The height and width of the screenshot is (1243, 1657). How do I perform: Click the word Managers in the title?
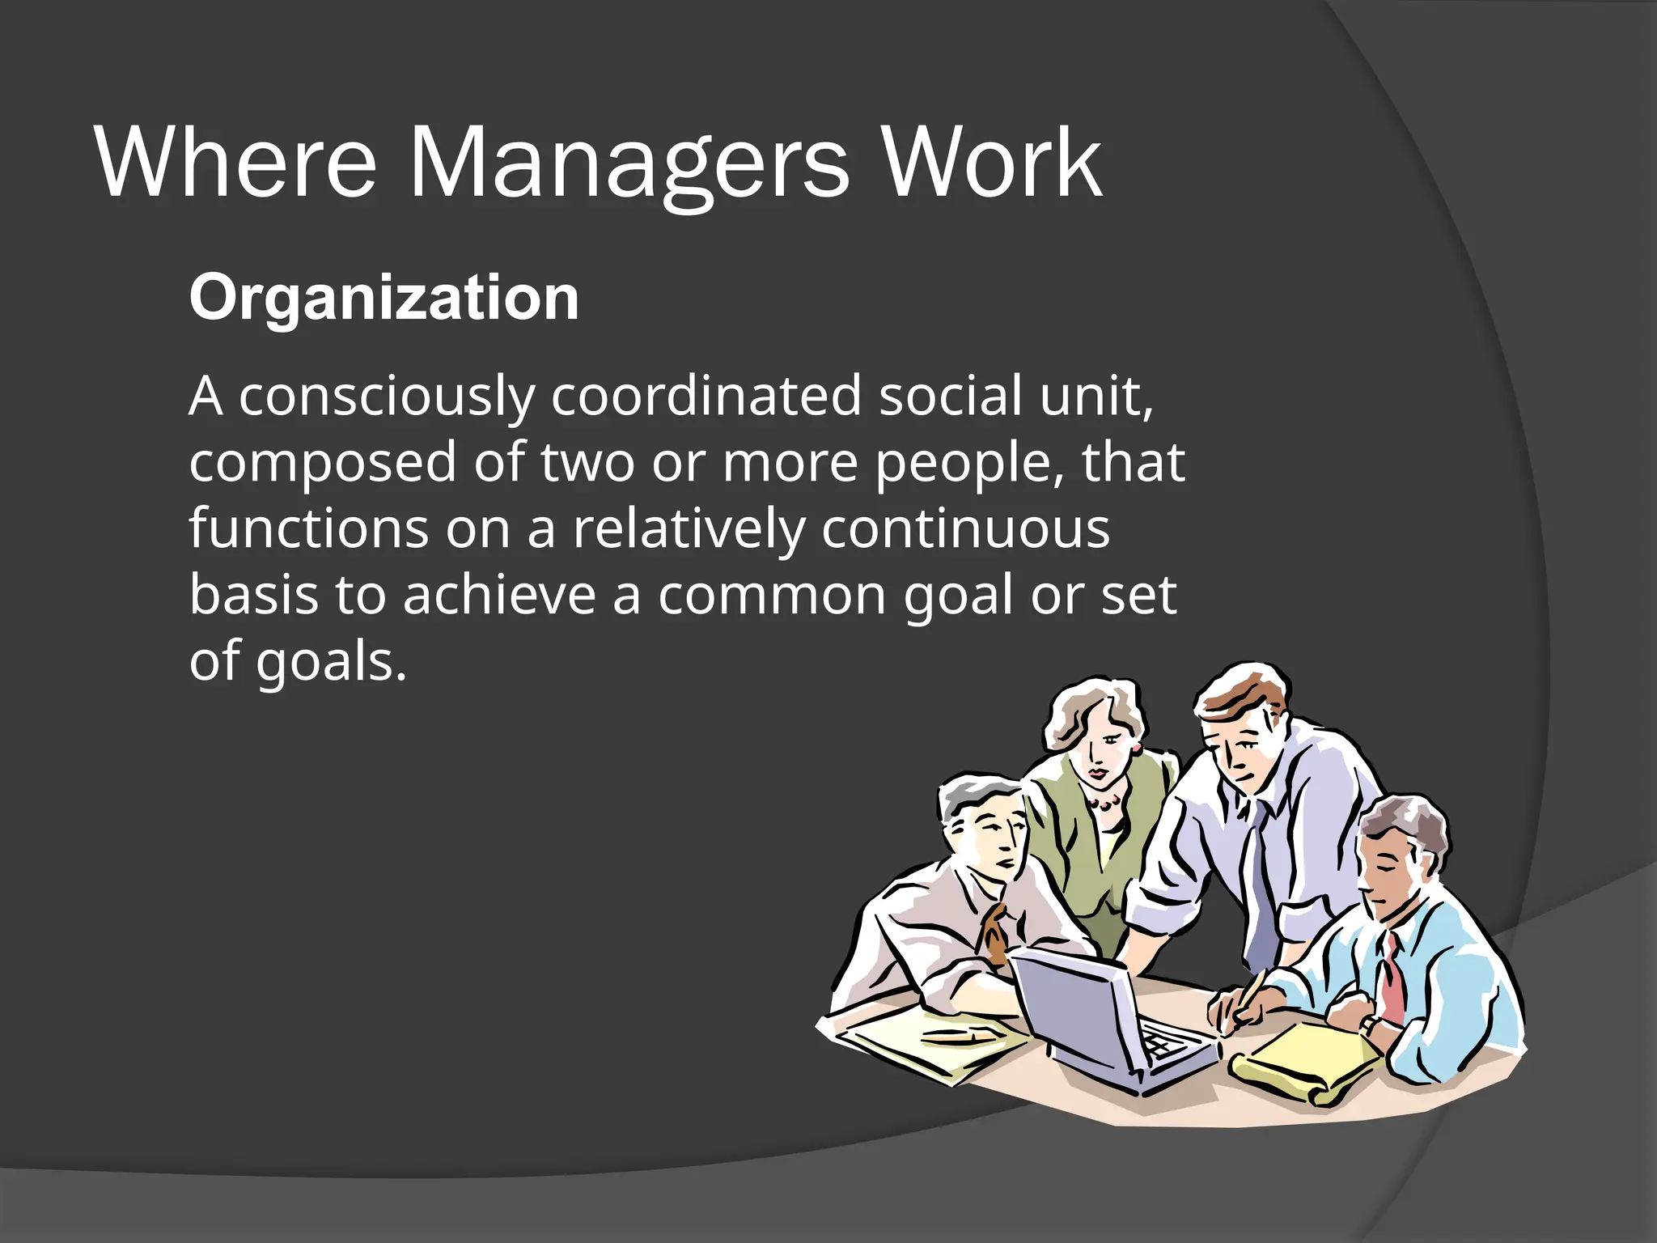(629, 165)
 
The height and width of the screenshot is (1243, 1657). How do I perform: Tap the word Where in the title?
(235, 165)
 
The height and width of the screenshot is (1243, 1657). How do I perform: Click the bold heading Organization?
(384, 298)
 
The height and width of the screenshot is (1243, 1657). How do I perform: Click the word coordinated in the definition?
(706, 397)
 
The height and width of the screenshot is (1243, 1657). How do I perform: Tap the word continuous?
(965, 529)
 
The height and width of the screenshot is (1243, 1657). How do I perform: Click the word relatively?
(689, 529)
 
